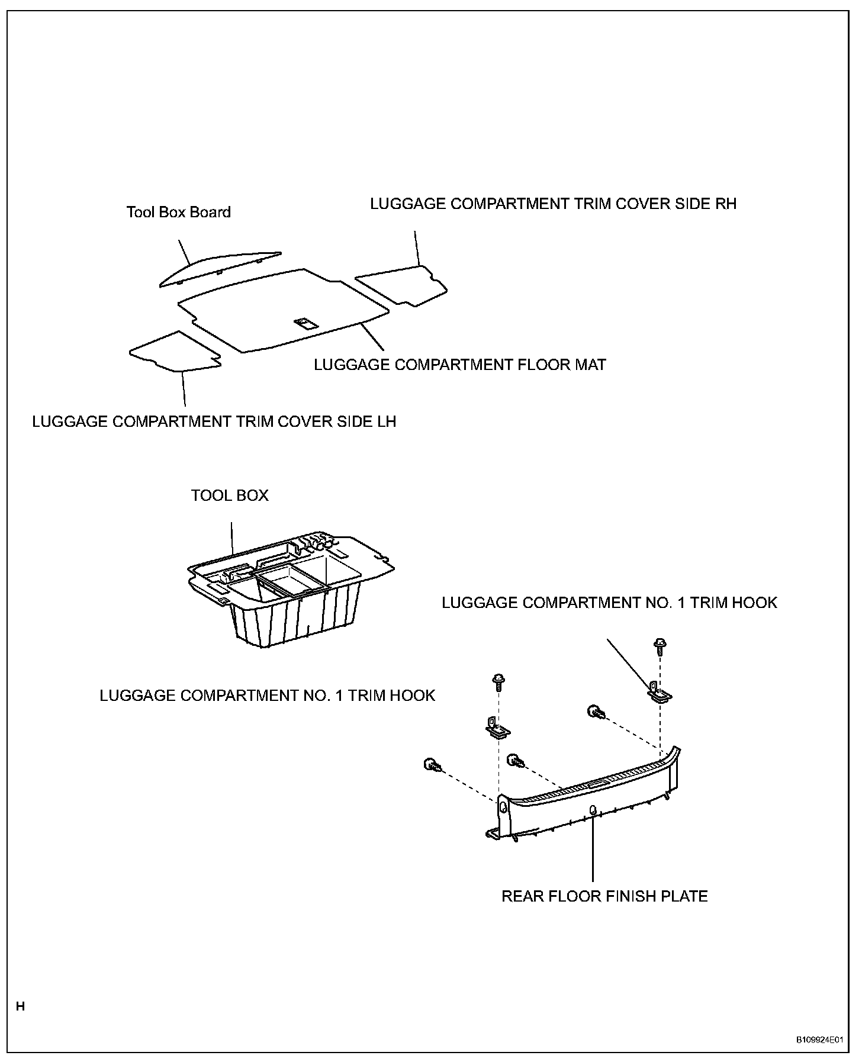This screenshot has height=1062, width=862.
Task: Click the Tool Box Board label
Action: click(178, 212)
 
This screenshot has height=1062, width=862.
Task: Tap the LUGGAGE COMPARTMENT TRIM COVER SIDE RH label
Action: click(553, 204)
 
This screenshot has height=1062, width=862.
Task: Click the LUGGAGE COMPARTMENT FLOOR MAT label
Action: click(459, 365)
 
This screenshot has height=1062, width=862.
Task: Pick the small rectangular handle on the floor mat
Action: click(306, 323)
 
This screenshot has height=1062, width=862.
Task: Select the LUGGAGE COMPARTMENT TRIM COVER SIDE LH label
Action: click(214, 421)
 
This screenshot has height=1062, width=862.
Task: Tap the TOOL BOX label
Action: click(230, 495)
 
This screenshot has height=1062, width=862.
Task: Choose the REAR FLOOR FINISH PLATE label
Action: click(604, 896)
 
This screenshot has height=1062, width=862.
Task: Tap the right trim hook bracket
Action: click(658, 691)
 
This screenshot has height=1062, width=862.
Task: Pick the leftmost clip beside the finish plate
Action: click(432, 765)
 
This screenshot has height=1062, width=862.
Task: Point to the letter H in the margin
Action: click(21, 1006)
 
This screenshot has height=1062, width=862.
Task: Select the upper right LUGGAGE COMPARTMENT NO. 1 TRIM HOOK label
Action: click(609, 603)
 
